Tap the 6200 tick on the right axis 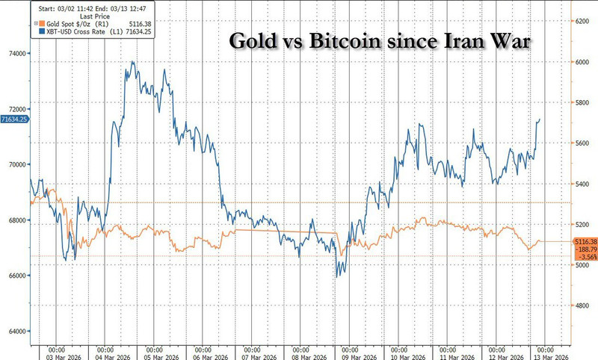(x=585, y=22)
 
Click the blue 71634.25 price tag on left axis (x=15, y=119)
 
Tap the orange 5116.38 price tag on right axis (x=585, y=242)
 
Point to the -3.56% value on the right (x=585, y=258)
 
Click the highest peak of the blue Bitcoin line (x=132, y=62)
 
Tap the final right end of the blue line (x=541, y=119)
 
